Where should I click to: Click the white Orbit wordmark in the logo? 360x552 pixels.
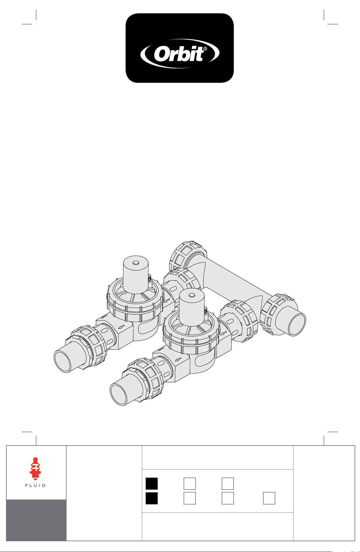pyautogui.click(x=180, y=55)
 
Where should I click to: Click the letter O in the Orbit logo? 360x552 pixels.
pyautogui.click(x=162, y=55)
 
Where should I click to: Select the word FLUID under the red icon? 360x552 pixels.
pyautogui.click(x=35, y=485)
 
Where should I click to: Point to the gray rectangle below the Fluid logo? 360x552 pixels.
pyautogui.click(x=36, y=520)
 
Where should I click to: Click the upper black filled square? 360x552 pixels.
pyautogui.click(x=152, y=484)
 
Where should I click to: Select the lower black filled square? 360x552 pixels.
pyautogui.click(x=152, y=498)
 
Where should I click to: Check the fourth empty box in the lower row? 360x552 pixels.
pyautogui.click(x=269, y=498)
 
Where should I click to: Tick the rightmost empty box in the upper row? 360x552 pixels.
pyautogui.click(x=228, y=484)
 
